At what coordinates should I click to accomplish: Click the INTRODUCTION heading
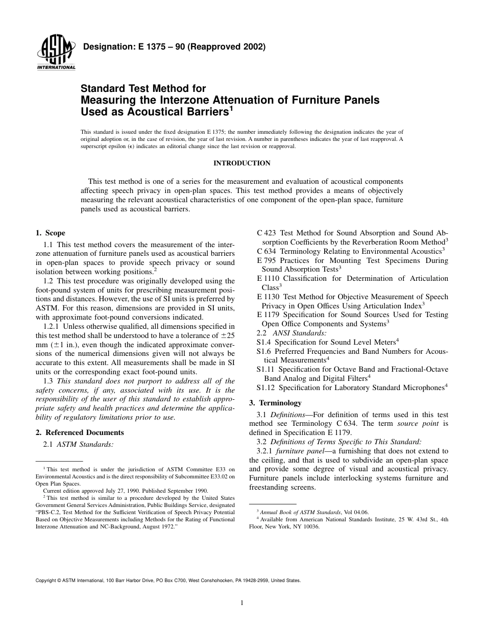[241, 163]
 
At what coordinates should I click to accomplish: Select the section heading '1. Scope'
[51, 233]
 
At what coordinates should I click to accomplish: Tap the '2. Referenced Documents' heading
[80, 432]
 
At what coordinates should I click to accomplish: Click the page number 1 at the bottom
[242, 603]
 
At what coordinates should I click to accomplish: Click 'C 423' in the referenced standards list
[266, 233]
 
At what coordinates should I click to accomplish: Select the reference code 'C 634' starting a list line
[266, 251]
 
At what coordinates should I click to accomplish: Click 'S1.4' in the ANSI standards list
[263, 342]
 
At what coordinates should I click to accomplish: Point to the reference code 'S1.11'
[265, 369]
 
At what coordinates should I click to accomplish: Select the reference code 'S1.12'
[265, 388]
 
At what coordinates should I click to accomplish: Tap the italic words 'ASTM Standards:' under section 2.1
[85, 444]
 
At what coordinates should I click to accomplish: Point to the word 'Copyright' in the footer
[45, 581]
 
